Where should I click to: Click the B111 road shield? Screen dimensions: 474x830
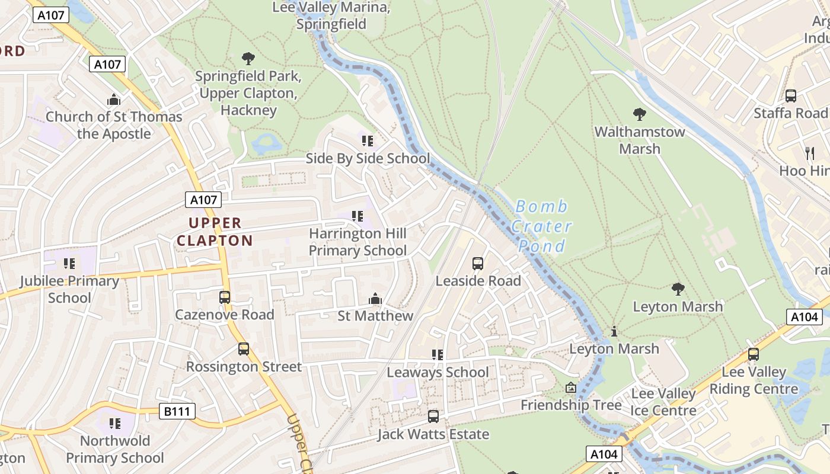pos(177,411)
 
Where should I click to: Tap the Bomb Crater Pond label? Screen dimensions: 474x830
pos(541,226)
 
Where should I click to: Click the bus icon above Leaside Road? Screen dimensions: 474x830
pos(478,264)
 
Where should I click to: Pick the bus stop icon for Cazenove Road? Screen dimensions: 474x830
pos(225,297)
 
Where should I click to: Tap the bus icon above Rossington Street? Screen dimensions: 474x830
pos(244,349)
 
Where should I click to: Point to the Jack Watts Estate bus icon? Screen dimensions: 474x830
pos(433,417)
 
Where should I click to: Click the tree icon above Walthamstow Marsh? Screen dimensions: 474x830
pos(639,114)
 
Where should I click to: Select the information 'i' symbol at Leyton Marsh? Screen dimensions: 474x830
pos(614,331)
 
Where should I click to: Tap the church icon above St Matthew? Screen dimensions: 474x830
pos(375,299)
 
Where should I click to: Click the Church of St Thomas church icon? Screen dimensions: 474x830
pos(114,100)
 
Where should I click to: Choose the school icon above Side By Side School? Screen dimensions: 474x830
pos(368,141)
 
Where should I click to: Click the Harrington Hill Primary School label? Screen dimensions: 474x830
pos(358,242)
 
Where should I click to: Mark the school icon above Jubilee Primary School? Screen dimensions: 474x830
pos(69,263)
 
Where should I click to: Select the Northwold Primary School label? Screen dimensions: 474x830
pos(115,449)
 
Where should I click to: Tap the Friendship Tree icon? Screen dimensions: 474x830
pos(570,388)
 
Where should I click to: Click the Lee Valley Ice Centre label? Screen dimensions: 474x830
pos(663,402)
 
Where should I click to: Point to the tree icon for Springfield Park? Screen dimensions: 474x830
pos(248,59)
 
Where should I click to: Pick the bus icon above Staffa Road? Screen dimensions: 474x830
pos(790,96)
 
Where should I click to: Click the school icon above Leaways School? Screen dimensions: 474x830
pos(438,355)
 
